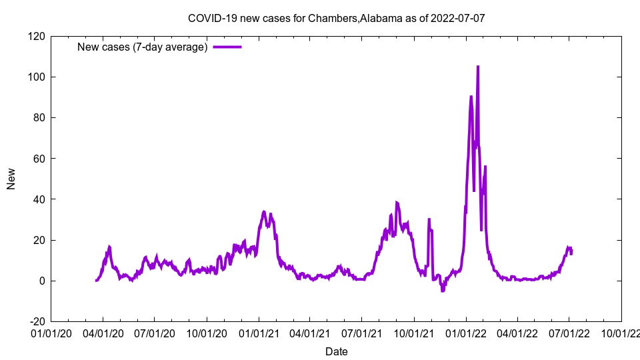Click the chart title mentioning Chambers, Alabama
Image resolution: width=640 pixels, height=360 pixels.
point(337,18)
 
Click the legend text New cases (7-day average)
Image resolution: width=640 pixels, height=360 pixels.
point(143,47)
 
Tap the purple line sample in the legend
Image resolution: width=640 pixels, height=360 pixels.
point(227,47)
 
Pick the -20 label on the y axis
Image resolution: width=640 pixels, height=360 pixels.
point(36,322)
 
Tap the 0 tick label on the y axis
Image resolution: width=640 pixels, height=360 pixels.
point(41,281)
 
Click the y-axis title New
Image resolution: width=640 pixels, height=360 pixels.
point(11,179)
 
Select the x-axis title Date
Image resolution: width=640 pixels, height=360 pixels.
point(337,351)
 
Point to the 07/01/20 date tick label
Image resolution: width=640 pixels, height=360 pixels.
point(155,333)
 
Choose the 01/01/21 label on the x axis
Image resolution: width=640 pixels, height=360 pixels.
point(259,333)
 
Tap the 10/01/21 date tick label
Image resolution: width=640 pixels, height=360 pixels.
point(414,333)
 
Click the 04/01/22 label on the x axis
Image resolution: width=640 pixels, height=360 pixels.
point(517,333)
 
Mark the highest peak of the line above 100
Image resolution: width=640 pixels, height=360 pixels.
point(478,67)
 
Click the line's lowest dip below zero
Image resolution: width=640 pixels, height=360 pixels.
point(443,291)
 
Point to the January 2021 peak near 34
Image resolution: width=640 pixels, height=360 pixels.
point(264,212)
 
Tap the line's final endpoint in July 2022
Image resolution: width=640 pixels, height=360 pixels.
point(571,253)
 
